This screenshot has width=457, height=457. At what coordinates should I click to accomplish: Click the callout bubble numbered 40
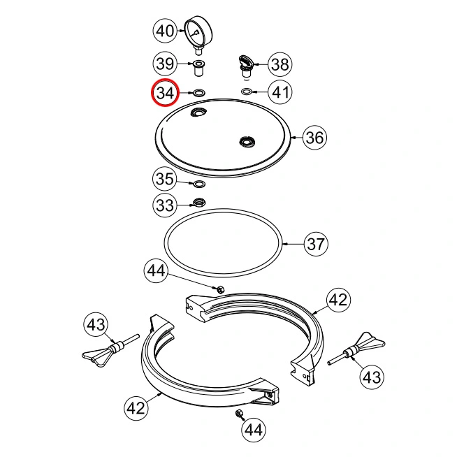(x=165, y=31)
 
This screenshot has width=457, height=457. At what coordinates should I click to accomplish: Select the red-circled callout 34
(x=165, y=93)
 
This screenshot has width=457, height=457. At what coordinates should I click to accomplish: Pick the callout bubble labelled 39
(x=165, y=64)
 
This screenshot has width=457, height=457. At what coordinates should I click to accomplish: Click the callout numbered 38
(x=280, y=64)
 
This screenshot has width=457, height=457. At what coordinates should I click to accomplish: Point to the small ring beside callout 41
(x=247, y=92)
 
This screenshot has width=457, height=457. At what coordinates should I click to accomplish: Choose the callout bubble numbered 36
(x=314, y=137)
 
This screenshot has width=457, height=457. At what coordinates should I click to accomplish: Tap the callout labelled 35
(x=165, y=179)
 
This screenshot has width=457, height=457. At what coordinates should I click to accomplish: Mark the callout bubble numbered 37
(x=316, y=244)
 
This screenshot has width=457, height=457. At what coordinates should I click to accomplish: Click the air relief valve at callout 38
(x=246, y=67)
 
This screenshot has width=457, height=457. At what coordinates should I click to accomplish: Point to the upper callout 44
(x=157, y=270)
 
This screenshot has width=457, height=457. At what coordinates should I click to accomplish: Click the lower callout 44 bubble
(x=254, y=430)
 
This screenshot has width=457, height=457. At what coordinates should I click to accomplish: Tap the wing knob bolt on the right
(x=356, y=349)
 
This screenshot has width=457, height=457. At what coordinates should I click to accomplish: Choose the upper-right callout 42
(x=338, y=300)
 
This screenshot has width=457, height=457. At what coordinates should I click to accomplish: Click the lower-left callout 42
(x=136, y=408)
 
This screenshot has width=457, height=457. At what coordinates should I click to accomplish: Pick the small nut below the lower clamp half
(x=239, y=413)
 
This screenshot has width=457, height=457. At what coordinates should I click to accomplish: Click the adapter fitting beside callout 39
(x=199, y=68)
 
